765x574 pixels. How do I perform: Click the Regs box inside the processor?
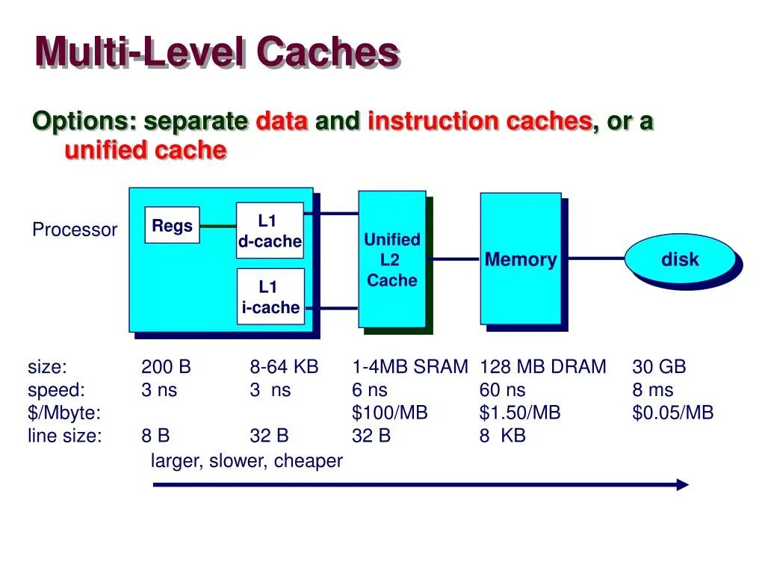[172, 226]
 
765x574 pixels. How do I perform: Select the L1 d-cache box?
[270, 230]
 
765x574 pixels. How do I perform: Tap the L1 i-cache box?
[270, 297]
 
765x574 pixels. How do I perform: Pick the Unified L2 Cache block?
[392, 259]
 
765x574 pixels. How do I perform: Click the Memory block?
[521, 259]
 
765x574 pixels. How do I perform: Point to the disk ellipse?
[680, 259]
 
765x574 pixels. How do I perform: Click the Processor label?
[75, 230]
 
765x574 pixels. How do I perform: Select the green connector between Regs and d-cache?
[218, 226]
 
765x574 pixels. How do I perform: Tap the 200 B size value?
[166, 367]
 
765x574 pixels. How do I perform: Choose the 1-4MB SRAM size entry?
[410, 367]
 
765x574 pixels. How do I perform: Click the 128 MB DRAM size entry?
[543, 367]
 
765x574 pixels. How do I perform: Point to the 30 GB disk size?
[659, 367]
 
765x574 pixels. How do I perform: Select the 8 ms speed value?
[652, 390]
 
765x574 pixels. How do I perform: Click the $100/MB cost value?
[390, 413]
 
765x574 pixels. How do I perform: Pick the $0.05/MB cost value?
[672, 413]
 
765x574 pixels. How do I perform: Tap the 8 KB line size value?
[503, 436]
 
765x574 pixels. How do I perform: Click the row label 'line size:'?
[64, 436]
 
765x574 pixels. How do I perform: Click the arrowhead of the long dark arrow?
[682, 484]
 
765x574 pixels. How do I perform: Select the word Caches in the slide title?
[327, 52]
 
